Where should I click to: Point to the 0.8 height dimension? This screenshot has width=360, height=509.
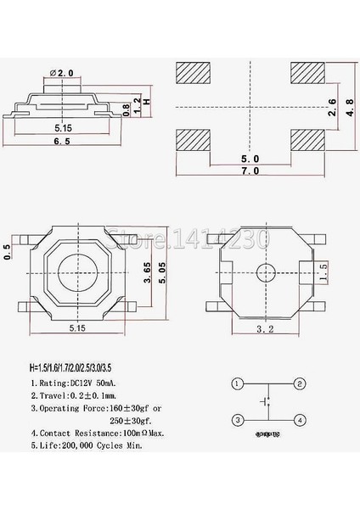point(126,109)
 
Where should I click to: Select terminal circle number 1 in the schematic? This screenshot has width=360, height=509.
point(239,383)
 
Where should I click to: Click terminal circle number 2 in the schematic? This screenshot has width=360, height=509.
point(300,383)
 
